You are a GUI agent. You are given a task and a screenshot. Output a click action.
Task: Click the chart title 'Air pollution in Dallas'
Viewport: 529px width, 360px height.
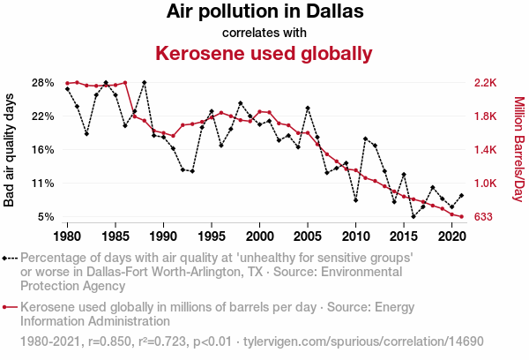coord(264,13)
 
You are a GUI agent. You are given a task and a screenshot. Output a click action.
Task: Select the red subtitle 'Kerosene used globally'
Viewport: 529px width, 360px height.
coord(264,54)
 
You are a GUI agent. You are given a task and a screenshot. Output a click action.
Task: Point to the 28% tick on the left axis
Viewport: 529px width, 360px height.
coord(43,83)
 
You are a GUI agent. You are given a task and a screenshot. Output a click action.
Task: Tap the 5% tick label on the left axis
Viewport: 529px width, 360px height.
coord(47,217)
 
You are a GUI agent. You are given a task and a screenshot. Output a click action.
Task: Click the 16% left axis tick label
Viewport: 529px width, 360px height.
coord(43,150)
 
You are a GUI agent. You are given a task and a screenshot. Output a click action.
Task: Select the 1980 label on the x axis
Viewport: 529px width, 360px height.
coord(68,236)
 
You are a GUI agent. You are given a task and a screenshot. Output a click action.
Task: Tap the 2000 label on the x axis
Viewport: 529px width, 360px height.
coord(259,236)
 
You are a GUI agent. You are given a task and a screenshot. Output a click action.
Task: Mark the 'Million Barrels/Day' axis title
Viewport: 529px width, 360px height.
coord(518,150)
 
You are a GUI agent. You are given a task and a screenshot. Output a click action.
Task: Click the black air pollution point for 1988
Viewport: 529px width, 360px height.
coord(145,82)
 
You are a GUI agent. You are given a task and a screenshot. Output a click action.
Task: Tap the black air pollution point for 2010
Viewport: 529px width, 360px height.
coord(355,200)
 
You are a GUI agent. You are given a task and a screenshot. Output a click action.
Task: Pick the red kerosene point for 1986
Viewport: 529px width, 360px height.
coord(125,83)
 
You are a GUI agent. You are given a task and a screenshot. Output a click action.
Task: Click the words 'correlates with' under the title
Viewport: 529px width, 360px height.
coord(264,34)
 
